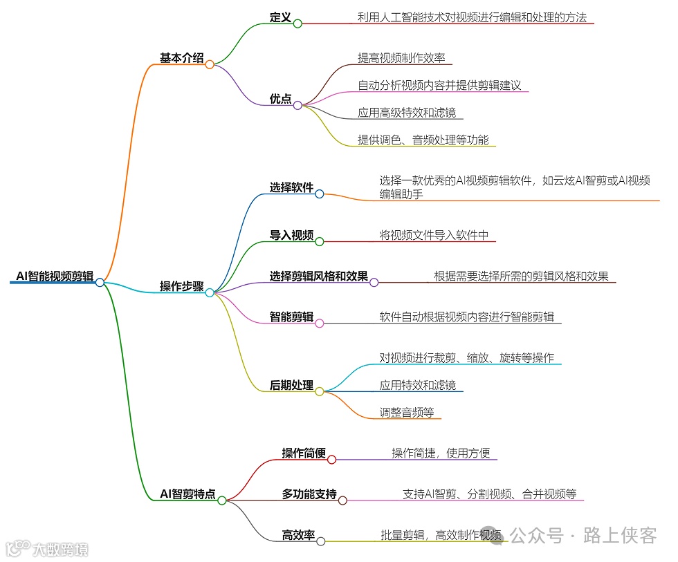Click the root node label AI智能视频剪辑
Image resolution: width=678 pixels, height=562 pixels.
55,277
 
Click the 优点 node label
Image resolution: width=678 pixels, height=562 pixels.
280,100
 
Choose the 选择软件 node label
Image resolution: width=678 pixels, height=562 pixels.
291,188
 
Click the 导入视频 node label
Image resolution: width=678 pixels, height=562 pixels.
291,236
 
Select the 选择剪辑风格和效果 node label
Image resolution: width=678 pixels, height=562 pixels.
318,277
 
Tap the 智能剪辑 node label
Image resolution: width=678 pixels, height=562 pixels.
291,317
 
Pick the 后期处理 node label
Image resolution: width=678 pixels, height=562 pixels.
291,386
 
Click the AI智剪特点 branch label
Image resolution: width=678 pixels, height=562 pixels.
187,494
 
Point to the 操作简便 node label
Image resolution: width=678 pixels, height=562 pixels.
304,453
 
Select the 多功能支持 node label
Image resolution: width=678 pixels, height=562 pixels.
309,494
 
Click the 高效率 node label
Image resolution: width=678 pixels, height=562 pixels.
298,535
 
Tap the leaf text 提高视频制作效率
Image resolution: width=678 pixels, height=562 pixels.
401,58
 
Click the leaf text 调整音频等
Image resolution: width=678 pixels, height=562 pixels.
406,413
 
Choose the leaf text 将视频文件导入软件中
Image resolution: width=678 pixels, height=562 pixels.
434,236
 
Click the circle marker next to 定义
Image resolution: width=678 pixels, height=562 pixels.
297,24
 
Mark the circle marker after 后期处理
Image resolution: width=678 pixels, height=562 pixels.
320,392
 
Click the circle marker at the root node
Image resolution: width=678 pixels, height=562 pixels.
100,282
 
